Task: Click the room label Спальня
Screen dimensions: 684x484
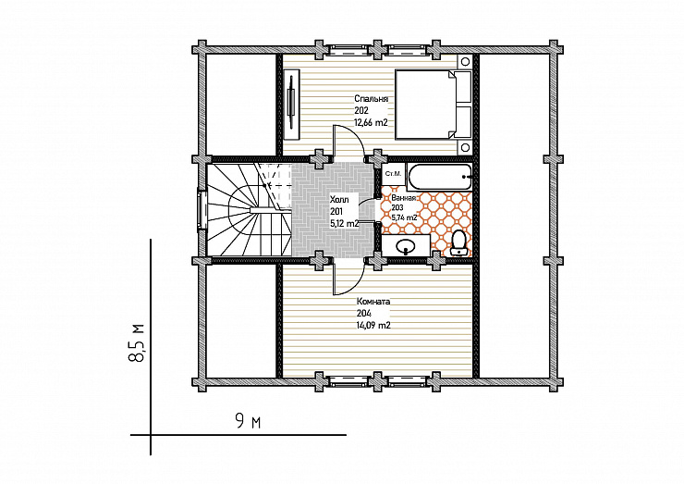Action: pos(371,99)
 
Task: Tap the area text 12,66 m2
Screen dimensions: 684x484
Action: pos(371,123)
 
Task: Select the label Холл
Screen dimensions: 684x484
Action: pos(339,200)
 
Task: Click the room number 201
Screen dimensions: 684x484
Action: pos(336,212)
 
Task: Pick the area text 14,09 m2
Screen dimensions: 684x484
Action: pos(373,326)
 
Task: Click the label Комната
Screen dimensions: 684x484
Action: pos(373,302)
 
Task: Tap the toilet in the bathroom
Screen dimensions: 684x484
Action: pos(458,242)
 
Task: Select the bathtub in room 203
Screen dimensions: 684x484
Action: pos(440,177)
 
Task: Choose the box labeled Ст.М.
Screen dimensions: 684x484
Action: pos(393,174)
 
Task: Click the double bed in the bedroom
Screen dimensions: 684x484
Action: pos(434,105)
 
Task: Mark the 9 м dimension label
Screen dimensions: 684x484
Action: pos(248,422)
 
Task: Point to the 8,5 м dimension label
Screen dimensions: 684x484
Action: pos(137,343)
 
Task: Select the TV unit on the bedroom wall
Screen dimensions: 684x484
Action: pos(291,104)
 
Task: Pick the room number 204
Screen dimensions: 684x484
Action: pos(364,313)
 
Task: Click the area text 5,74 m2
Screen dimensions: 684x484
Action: pos(404,217)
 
